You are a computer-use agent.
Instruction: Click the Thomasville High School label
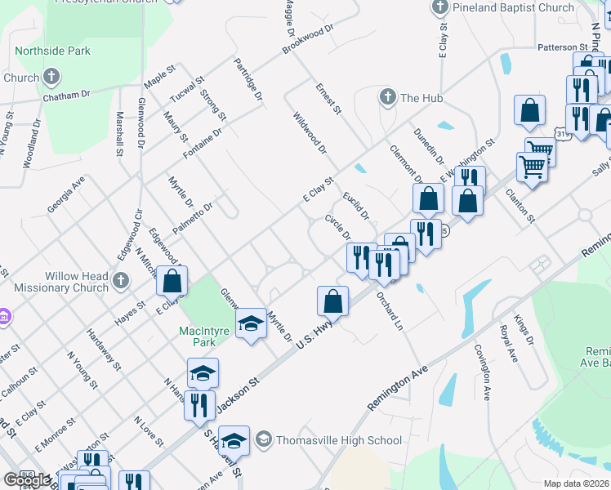point(338,440)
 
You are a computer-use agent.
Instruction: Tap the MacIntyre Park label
point(197,336)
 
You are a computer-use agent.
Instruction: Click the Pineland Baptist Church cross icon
point(439,8)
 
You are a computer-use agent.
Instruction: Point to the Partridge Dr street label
point(248,79)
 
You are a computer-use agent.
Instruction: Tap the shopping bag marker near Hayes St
point(172,280)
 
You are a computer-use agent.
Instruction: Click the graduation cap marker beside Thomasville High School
point(234,442)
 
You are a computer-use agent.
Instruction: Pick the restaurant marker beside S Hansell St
point(199,405)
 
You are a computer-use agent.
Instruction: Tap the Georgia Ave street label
point(66,197)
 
